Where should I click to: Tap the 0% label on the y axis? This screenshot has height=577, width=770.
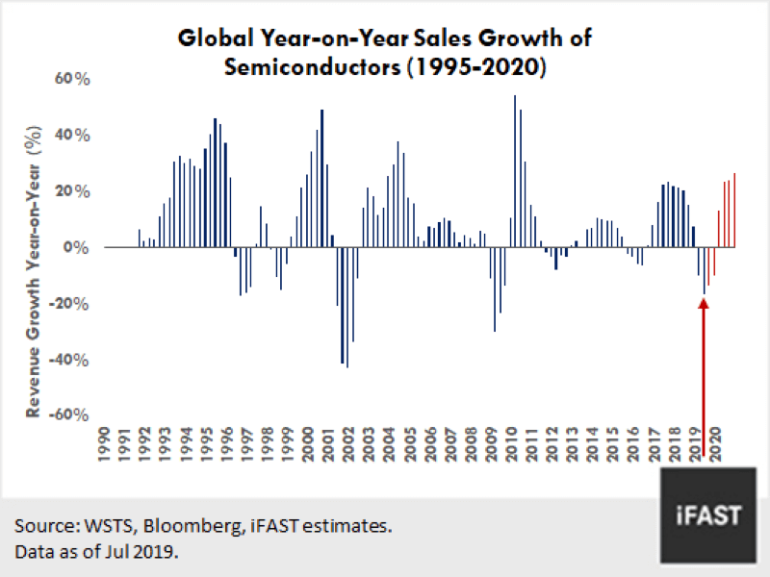[77, 247]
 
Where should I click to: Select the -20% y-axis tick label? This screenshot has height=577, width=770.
[69, 303]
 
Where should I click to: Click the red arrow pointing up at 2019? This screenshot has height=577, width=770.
[704, 365]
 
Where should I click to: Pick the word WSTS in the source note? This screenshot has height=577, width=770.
[99, 527]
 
